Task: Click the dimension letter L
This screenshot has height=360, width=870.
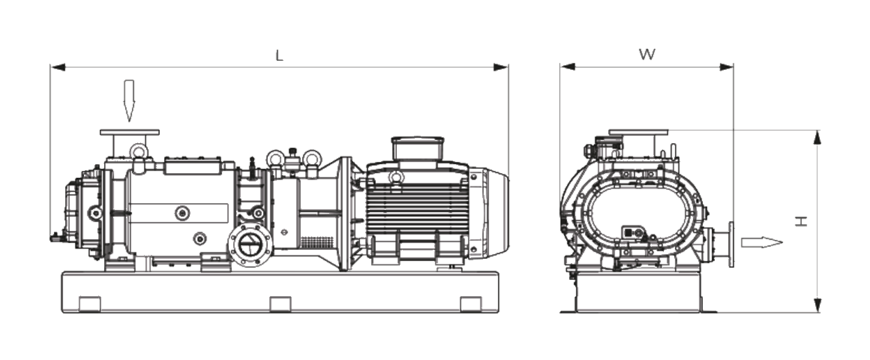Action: [x=279, y=56]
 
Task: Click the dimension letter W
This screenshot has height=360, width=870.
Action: [x=646, y=55]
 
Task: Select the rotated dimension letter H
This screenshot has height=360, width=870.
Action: [x=802, y=220]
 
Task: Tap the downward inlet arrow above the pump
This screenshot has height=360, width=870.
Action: [x=129, y=100]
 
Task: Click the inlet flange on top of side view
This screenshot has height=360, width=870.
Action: [x=129, y=133]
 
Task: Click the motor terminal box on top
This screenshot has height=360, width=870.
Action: [x=417, y=147]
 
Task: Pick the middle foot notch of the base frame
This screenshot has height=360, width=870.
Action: [x=280, y=304]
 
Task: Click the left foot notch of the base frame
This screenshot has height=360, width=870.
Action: [x=89, y=304]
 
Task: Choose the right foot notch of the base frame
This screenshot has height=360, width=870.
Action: [x=470, y=304]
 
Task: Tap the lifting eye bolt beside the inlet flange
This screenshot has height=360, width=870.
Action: [x=138, y=151]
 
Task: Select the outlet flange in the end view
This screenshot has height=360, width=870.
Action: [x=729, y=243]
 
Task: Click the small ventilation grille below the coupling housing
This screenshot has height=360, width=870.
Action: [x=316, y=243]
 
